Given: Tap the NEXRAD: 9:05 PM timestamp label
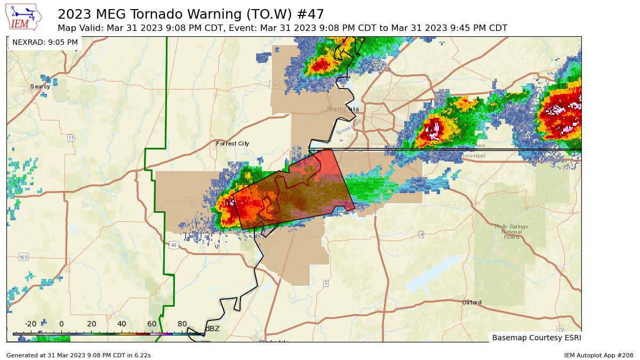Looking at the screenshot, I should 45,42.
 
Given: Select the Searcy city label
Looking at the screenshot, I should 40,86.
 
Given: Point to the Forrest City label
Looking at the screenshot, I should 232,143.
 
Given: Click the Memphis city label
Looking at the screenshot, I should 342,109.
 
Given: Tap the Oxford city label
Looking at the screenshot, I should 471,302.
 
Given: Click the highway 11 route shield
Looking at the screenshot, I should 71,138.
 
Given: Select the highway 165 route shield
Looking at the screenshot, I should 23,257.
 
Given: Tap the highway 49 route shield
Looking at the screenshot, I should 174,245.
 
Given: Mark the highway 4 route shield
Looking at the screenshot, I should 421,234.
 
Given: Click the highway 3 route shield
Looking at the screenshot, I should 325,283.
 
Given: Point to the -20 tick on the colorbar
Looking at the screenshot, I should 31,324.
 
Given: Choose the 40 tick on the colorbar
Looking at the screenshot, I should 122,324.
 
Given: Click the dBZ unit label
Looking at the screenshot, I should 213,329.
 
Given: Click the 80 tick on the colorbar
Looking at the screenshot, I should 182,324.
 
